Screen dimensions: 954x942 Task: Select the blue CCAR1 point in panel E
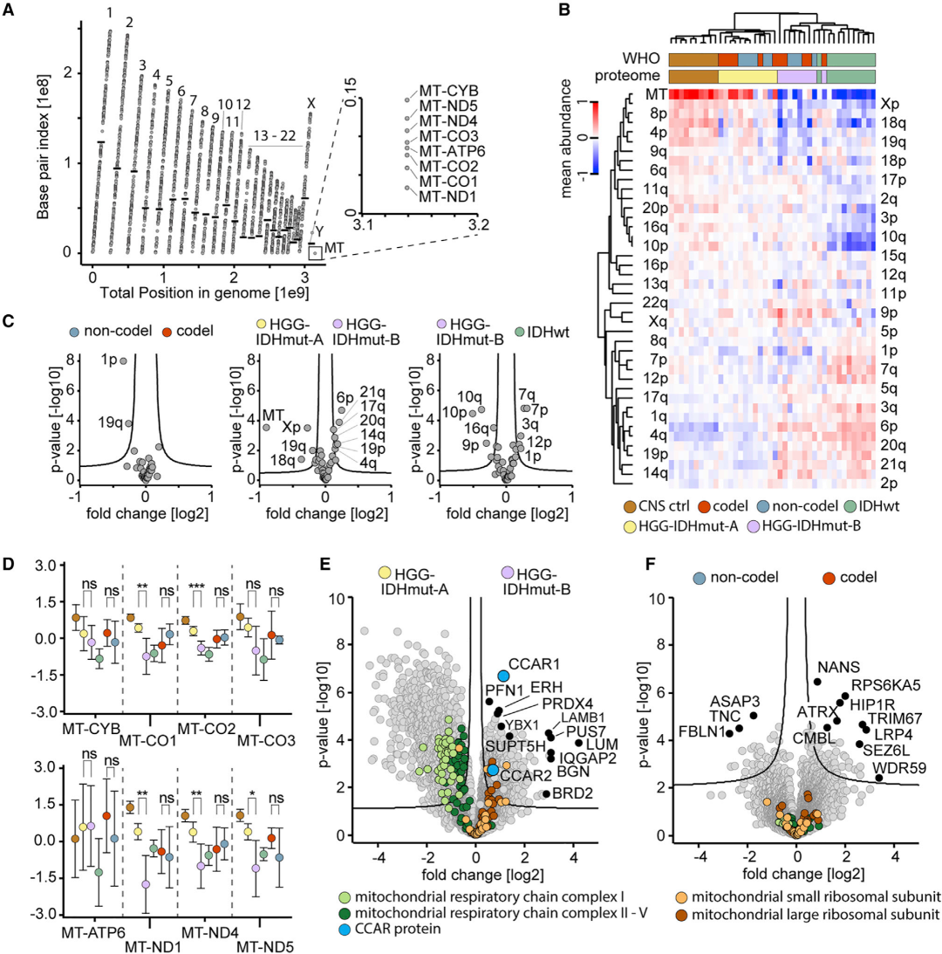tap(503, 676)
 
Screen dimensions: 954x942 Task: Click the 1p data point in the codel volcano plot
tap(124, 360)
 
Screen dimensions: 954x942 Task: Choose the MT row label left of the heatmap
tap(655, 93)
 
